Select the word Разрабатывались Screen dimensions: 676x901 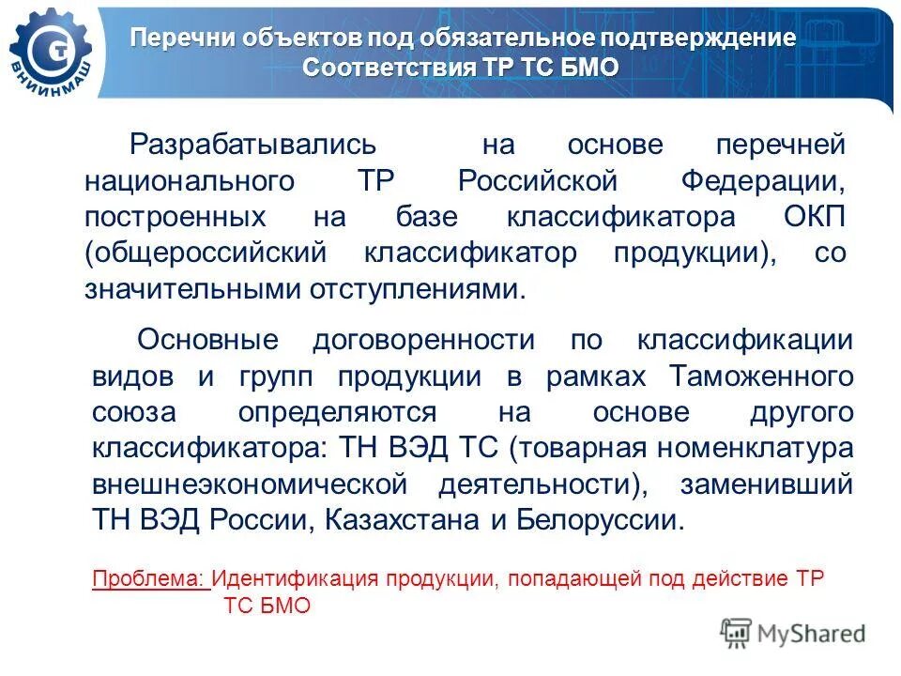[252, 146]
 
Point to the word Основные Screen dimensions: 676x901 [207, 341]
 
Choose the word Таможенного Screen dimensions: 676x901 [761, 376]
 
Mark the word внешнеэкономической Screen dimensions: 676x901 [250, 485]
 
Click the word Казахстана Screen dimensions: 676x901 [420, 521]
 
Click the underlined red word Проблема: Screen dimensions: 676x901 [151, 578]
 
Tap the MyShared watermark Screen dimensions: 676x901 [793, 634]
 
